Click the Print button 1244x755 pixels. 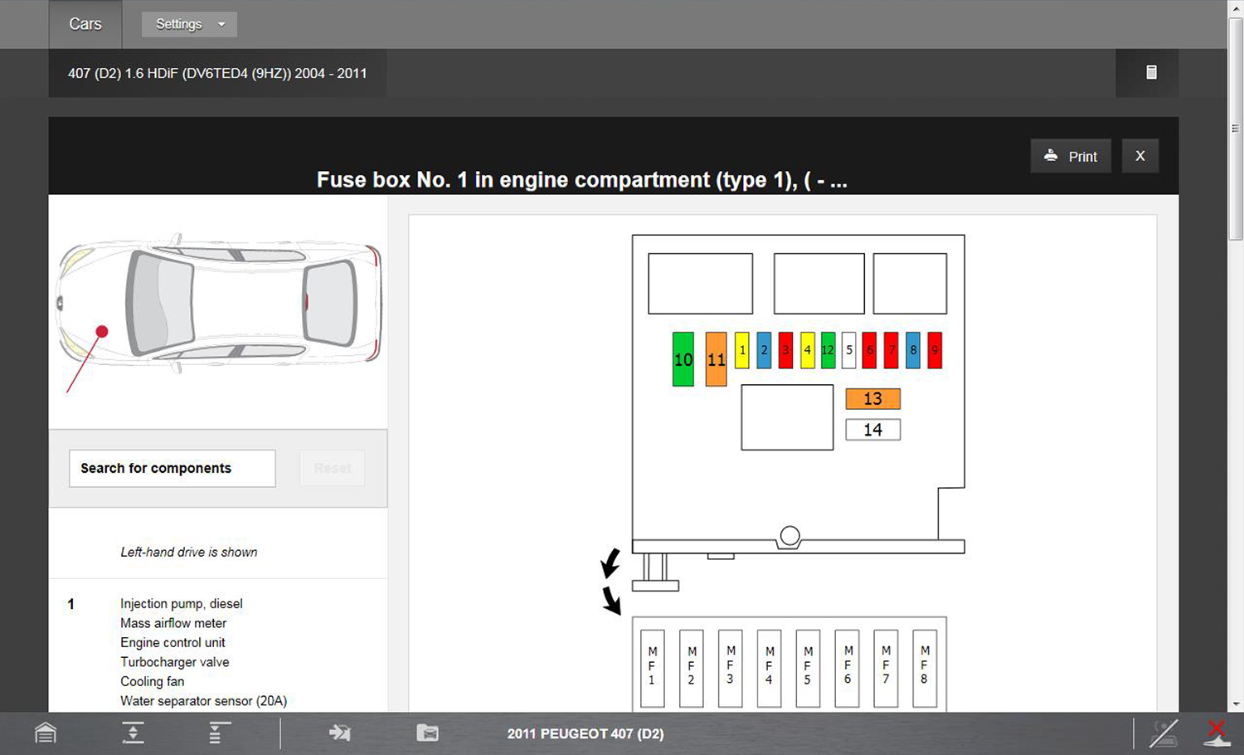1071,156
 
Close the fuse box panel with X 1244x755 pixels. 1140,156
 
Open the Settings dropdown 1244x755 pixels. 189,24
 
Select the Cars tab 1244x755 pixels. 85,24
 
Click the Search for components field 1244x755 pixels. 173,468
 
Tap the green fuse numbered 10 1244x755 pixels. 683,359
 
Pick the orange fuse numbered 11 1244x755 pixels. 716,359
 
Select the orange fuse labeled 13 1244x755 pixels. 873,399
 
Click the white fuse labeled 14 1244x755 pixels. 873,430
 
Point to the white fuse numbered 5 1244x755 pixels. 848,350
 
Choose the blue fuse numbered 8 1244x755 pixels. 913,350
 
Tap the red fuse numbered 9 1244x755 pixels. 935,350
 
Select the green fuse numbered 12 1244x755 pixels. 828,350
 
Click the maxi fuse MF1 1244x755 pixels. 653,668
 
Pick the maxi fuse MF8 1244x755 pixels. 925,668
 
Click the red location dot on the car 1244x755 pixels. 102,332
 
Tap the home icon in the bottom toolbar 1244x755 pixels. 46,733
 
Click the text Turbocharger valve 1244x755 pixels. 175,662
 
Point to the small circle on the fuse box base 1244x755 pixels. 790,536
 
